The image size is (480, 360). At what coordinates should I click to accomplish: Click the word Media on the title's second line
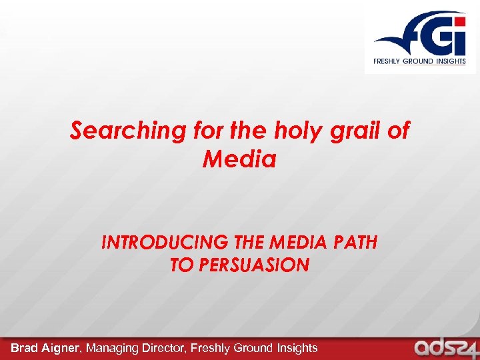[x=239, y=159]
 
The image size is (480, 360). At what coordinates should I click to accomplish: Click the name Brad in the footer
[x=25, y=347]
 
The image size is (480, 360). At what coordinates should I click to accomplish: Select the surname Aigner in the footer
[x=63, y=347]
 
